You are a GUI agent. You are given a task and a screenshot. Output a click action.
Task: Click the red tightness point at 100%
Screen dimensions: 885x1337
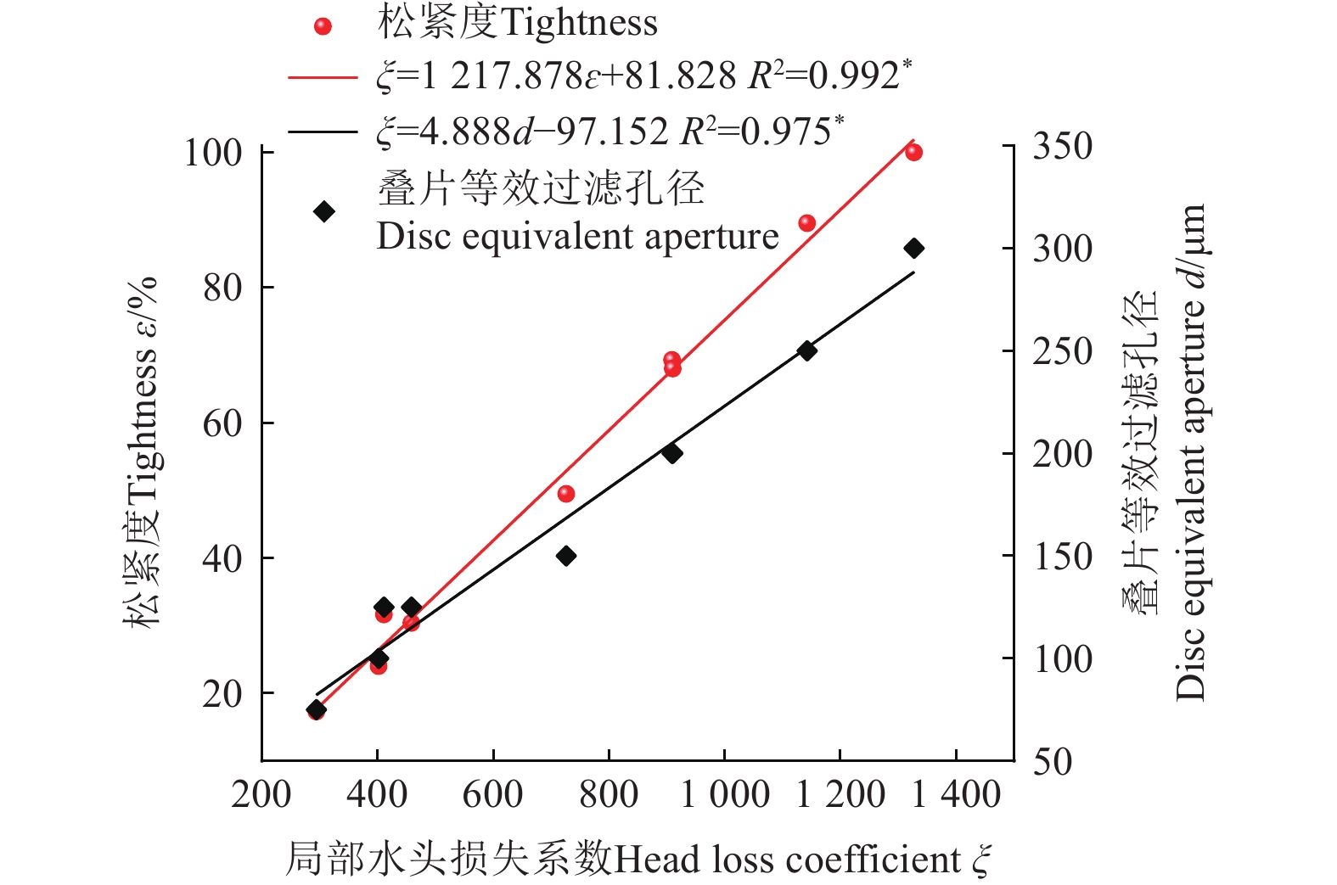[x=913, y=153]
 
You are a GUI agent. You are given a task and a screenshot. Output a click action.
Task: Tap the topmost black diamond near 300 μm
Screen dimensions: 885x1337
[x=913, y=249]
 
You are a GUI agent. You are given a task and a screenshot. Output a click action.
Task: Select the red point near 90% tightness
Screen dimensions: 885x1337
[x=806, y=223]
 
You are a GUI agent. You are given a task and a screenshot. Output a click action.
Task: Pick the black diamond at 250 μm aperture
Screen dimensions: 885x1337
[x=806, y=351]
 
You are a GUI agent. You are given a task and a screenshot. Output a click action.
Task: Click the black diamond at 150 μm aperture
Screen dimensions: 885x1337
[x=566, y=556]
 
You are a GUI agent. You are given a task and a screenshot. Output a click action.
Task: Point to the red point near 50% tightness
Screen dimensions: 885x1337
[x=566, y=494]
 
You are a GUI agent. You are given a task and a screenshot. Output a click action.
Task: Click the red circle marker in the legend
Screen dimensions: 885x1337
[x=323, y=26]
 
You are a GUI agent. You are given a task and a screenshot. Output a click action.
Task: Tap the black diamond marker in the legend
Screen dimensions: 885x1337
[x=323, y=212]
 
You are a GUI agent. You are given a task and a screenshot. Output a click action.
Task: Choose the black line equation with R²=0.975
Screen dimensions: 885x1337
[x=610, y=132]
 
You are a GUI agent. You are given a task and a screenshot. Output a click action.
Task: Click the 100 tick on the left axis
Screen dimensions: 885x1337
[x=213, y=154]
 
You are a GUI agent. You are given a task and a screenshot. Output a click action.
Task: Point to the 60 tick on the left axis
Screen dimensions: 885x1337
[x=222, y=423]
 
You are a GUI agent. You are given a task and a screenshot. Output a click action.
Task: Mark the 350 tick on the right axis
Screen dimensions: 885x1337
[x=1062, y=147]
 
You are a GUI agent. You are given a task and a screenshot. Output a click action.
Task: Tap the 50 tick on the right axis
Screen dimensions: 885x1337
[x=1053, y=761]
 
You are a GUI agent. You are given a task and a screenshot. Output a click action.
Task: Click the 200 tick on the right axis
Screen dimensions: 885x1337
[x=1062, y=454]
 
